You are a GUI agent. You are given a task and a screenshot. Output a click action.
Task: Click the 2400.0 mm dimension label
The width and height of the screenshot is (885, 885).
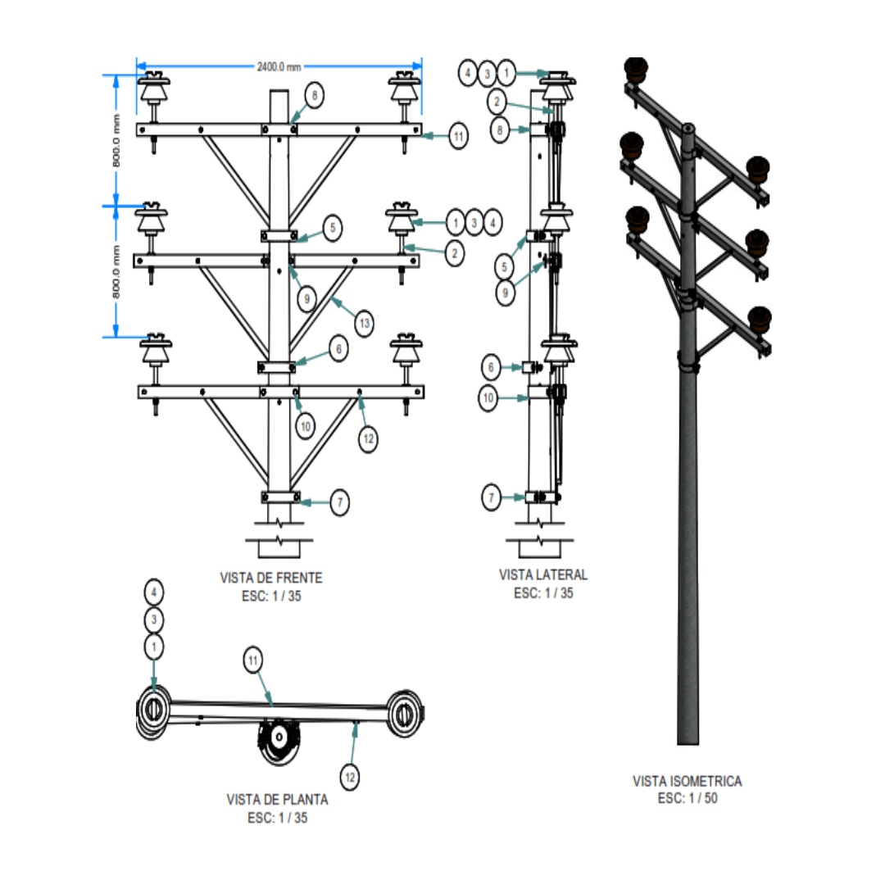click(x=279, y=67)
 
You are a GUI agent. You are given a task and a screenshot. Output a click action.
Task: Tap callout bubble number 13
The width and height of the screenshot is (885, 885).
click(x=365, y=324)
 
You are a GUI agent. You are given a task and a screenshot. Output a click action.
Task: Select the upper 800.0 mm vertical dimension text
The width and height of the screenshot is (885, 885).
click(x=116, y=141)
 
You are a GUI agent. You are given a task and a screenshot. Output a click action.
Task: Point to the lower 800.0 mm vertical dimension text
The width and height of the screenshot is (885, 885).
click(x=116, y=272)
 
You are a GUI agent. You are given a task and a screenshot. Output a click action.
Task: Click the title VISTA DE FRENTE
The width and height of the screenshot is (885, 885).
click(x=271, y=578)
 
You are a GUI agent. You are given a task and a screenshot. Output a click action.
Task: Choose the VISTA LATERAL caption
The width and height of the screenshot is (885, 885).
click(x=543, y=574)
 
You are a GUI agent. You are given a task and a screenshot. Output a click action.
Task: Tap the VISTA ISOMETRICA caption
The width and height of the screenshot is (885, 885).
click(x=687, y=781)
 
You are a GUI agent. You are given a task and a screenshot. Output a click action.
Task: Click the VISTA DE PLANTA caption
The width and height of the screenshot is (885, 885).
click(x=277, y=799)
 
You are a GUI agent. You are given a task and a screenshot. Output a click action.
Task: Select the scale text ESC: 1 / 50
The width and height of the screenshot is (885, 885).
click(x=688, y=798)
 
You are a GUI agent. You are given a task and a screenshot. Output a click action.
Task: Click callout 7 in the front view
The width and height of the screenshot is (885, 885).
click(x=340, y=502)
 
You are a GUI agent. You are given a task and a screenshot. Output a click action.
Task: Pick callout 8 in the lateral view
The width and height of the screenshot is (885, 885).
click(x=500, y=130)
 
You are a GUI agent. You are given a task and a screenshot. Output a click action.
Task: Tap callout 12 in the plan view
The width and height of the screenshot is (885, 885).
click(x=350, y=777)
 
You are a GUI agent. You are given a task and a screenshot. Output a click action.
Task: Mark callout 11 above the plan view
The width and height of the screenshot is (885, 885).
click(x=253, y=660)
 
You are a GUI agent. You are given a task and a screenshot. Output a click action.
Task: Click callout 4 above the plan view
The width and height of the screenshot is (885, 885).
click(x=154, y=592)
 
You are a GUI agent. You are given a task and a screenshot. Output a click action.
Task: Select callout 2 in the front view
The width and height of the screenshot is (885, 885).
click(x=455, y=253)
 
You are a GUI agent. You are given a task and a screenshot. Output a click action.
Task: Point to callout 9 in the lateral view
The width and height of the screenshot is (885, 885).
click(x=505, y=293)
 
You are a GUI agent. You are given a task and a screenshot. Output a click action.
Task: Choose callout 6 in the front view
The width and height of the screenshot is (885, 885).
click(x=338, y=349)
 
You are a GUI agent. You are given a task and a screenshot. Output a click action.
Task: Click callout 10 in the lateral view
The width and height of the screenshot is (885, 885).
click(x=488, y=398)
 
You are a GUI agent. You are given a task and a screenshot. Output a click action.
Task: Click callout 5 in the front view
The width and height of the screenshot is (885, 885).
click(x=333, y=228)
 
